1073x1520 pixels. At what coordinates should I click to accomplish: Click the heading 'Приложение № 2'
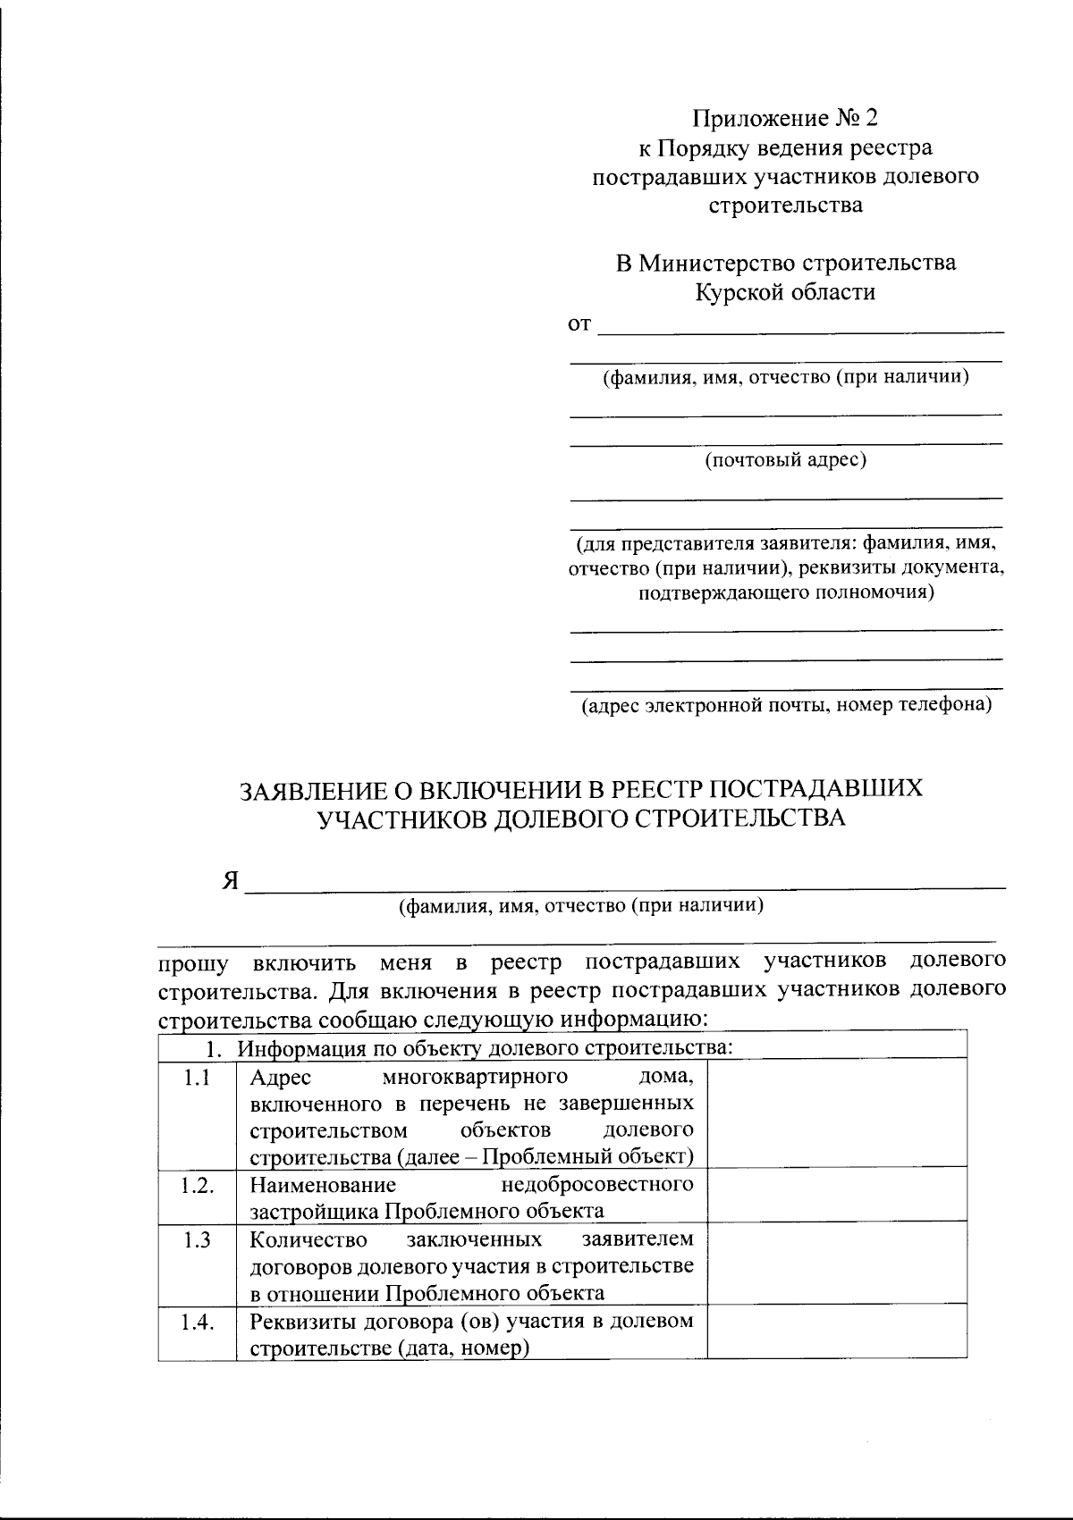pyautogui.click(x=786, y=118)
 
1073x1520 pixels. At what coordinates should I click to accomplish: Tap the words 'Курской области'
pyautogui.click(x=786, y=292)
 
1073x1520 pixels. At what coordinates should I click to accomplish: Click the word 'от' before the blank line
pyautogui.click(x=580, y=324)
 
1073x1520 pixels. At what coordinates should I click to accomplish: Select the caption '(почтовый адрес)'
pyautogui.click(x=786, y=460)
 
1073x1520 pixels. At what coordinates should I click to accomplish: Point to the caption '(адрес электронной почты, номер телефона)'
pyautogui.click(x=787, y=705)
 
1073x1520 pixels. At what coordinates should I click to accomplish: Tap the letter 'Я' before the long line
pyautogui.click(x=231, y=881)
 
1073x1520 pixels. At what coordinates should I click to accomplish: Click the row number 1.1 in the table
pyautogui.click(x=197, y=1078)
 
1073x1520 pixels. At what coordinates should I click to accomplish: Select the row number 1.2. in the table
pyautogui.click(x=197, y=1186)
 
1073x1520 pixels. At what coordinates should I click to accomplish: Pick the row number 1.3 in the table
pyautogui.click(x=197, y=1240)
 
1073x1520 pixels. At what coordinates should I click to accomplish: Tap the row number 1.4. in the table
pyautogui.click(x=197, y=1323)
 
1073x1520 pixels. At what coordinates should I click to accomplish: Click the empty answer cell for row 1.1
pyautogui.click(x=836, y=1113)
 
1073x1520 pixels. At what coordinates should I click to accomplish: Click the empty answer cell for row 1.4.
pyautogui.click(x=836, y=1331)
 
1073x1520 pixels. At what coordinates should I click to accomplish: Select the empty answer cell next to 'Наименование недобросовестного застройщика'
pyautogui.click(x=836, y=1195)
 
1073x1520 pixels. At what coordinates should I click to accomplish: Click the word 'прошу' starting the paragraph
pyautogui.click(x=192, y=964)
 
